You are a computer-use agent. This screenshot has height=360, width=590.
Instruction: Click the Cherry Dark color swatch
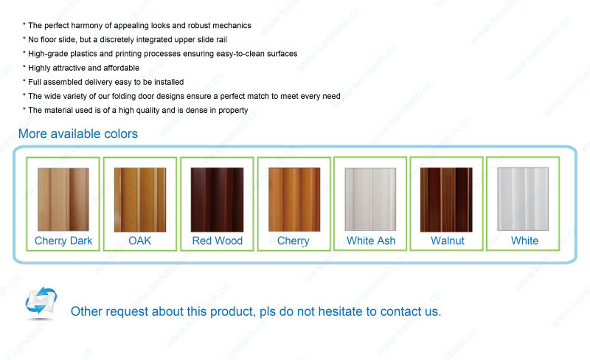[63, 199]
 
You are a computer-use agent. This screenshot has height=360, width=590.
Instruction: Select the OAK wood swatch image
[140, 200]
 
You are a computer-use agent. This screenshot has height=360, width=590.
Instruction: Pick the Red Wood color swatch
[217, 200]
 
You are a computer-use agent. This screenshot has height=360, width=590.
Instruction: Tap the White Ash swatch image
[371, 199]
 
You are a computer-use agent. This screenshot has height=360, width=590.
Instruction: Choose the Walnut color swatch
[446, 200]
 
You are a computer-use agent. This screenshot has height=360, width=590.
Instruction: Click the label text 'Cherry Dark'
[63, 240]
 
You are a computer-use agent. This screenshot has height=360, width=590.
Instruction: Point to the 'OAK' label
[139, 240]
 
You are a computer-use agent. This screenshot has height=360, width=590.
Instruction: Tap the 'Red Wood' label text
[217, 240]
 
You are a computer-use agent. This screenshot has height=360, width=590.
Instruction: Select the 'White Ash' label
[371, 240]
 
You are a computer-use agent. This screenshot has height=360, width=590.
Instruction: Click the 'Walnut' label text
[448, 240]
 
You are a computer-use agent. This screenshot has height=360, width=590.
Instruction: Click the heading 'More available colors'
[78, 134]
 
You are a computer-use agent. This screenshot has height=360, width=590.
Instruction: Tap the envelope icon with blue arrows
[41, 300]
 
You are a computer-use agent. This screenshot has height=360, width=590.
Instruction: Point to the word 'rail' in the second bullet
[222, 40]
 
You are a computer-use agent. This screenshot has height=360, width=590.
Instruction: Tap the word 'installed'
[169, 82]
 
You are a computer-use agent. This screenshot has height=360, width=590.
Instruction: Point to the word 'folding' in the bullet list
[125, 97]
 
